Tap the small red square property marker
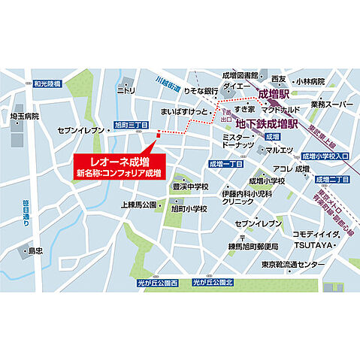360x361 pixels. point(159,135)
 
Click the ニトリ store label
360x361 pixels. point(126,89)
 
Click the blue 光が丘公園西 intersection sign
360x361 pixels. point(157,283)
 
